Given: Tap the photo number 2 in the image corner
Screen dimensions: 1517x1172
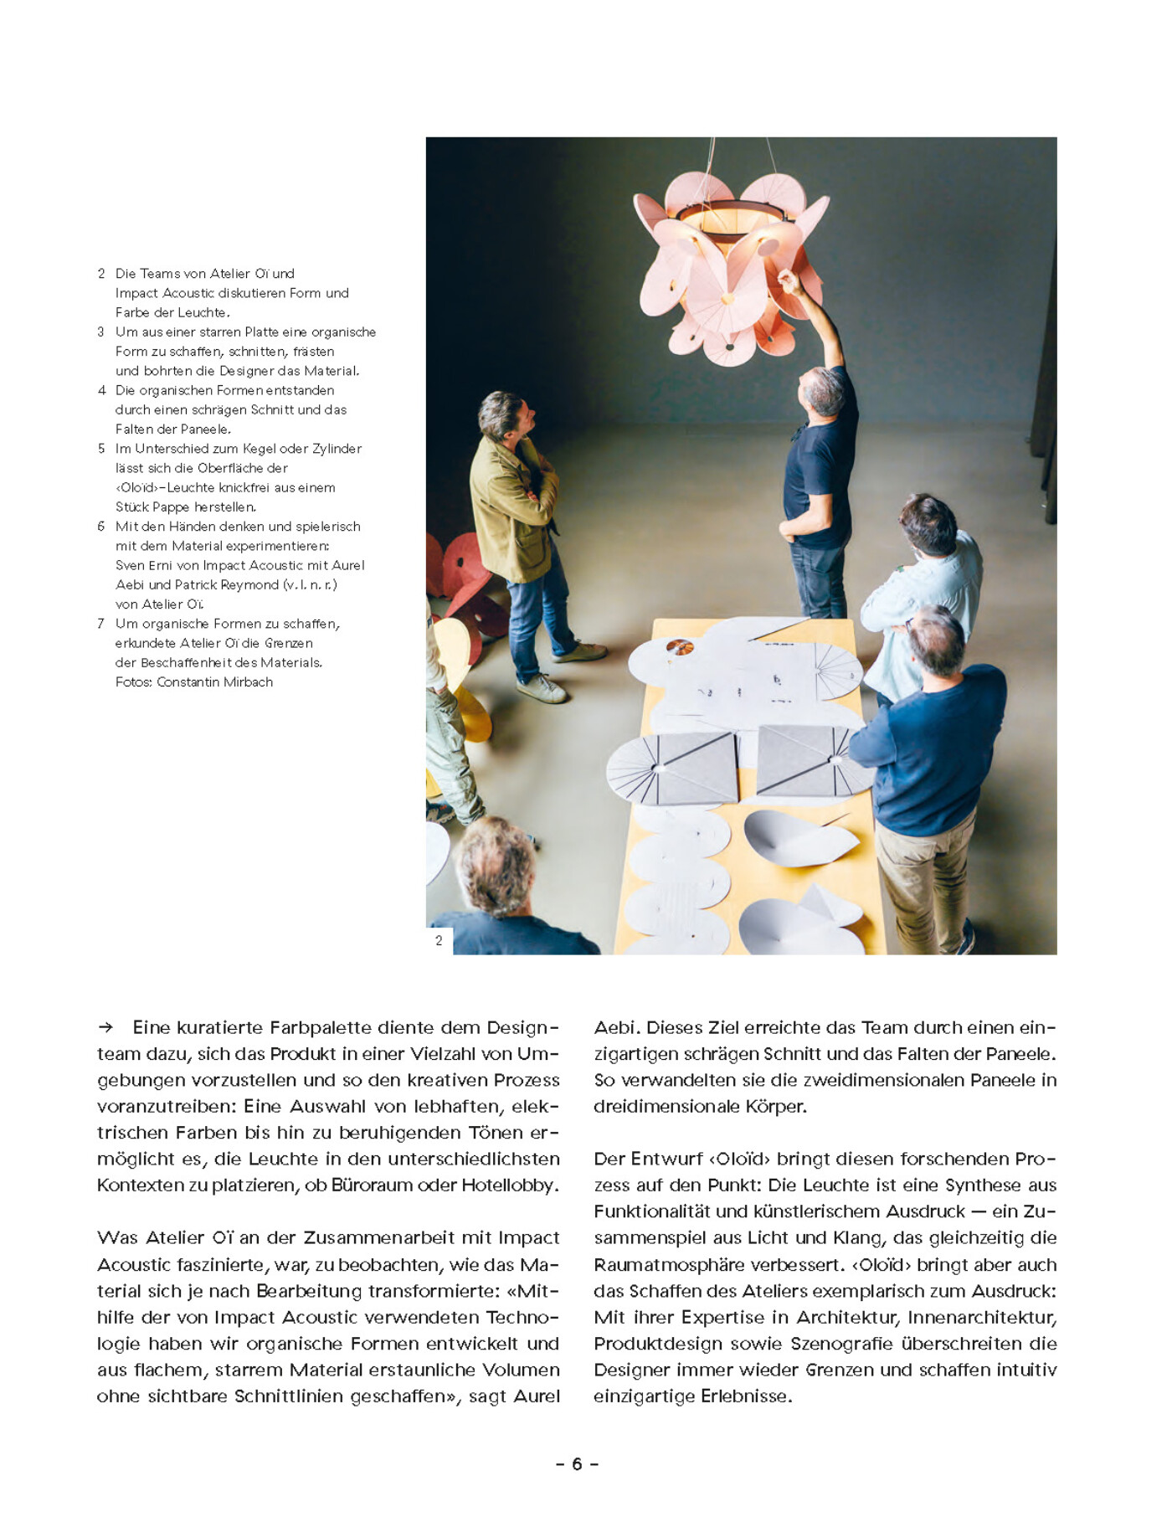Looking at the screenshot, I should (x=439, y=941).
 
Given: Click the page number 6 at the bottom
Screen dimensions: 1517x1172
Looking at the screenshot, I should (x=577, y=1464).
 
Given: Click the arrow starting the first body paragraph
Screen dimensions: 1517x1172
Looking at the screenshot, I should (x=105, y=1027).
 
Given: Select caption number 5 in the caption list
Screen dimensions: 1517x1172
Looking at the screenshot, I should (x=101, y=449).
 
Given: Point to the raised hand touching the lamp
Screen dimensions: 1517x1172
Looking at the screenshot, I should (x=788, y=281).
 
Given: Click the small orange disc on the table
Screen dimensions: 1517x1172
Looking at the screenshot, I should (x=679, y=647).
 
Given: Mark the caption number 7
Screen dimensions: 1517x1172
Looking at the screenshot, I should (x=101, y=624).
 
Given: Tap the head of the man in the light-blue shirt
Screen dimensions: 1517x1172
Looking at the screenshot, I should (x=928, y=523).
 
